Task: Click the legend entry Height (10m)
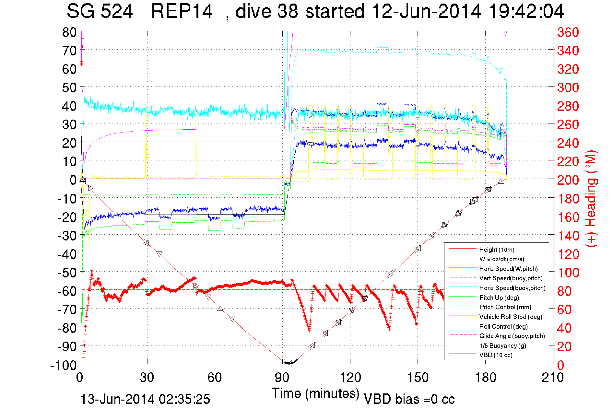pyautogui.click(x=497, y=250)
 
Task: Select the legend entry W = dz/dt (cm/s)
pyautogui.click(x=501, y=259)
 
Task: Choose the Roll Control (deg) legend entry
pyautogui.click(x=503, y=326)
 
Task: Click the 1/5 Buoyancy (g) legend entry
pyautogui.click(x=503, y=345)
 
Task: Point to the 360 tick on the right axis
pyautogui.click(x=568, y=32)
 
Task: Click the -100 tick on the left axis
pyautogui.click(x=64, y=365)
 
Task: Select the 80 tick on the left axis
pyautogui.click(x=69, y=32)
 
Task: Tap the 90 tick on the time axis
pyautogui.click(x=282, y=378)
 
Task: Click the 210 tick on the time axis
pyautogui.click(x=553, y=378)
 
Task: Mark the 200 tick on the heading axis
pyautogui.click(x=568, y=180)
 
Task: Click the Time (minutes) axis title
pyautogui.click(x=315, y=393)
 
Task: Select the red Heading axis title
pyautogui.click(x=591, y=198)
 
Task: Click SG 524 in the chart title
pyautogui.click(x=100, y=11)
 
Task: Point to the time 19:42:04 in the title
pyautogui.click(x=526, y=11)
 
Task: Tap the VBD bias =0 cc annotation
pyautogui.click(x=409, y=399)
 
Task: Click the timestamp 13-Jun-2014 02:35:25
pyautogui.click(x=145, y=399)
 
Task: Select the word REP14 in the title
pyautogui.click(x=182, y=11)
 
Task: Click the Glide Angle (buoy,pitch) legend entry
pyautogui.click(x=512, y=336)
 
